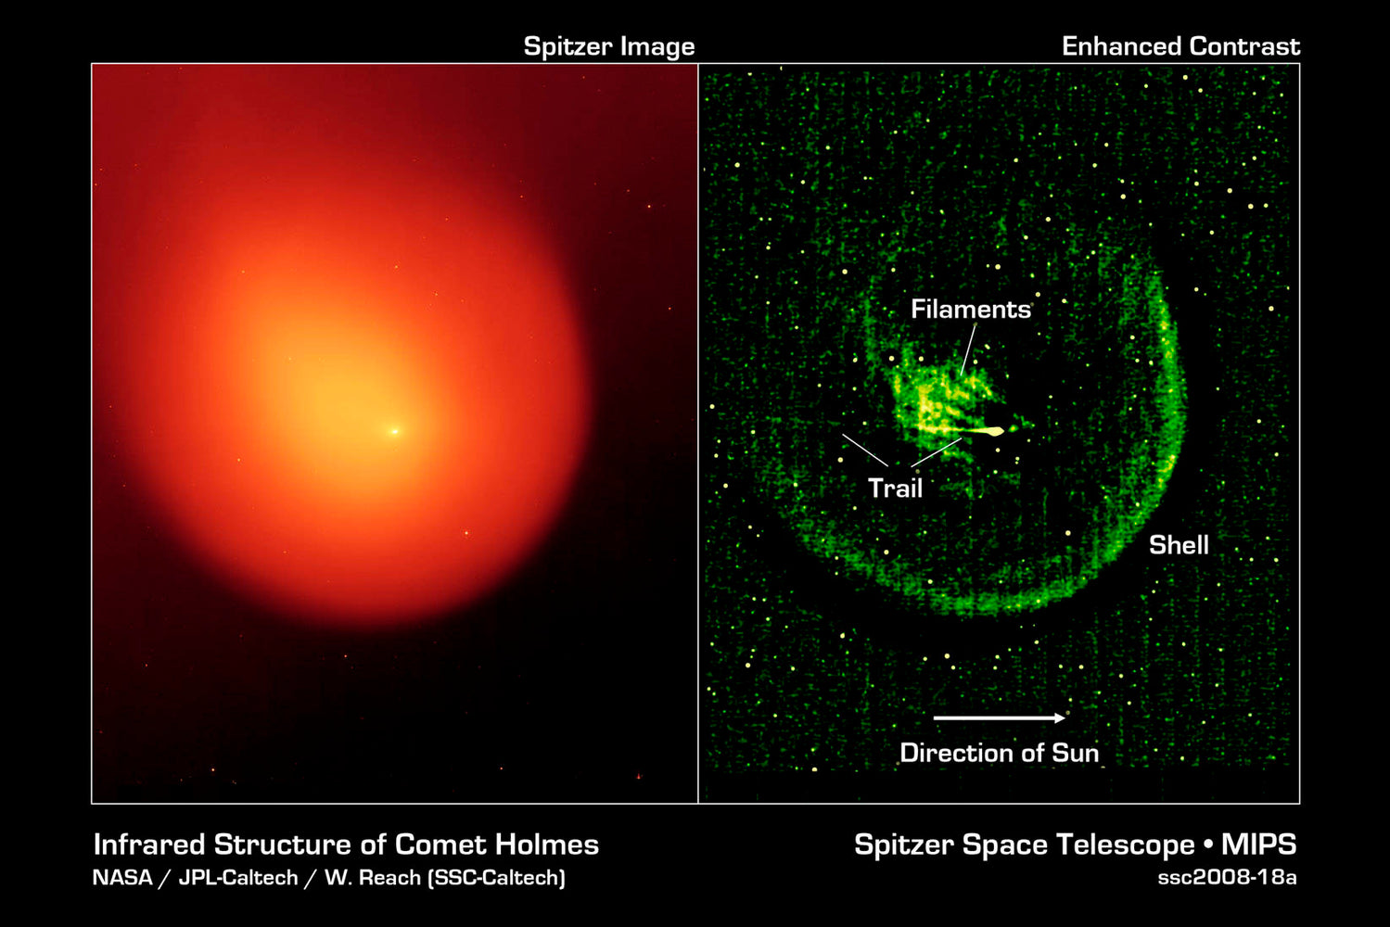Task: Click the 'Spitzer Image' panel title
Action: (x=608, y=46)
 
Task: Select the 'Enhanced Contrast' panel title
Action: (x=1180, y=46)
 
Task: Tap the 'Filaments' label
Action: (x=970, y=310)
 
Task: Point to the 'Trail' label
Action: (x=895, y=489)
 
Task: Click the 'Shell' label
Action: (x=1179, y=545)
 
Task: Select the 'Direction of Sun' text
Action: (x=999, y=753)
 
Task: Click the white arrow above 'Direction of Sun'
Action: (x=999, y=717)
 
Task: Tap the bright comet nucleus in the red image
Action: (x=394, y=431)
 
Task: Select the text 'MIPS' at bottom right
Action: (x=1258, y=844)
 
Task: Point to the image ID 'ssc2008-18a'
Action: (x=1226, y=877)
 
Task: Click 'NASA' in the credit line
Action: (x=121, y=877)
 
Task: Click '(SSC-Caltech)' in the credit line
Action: (x=496, y=877)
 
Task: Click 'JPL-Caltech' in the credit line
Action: (x=237, y=877)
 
